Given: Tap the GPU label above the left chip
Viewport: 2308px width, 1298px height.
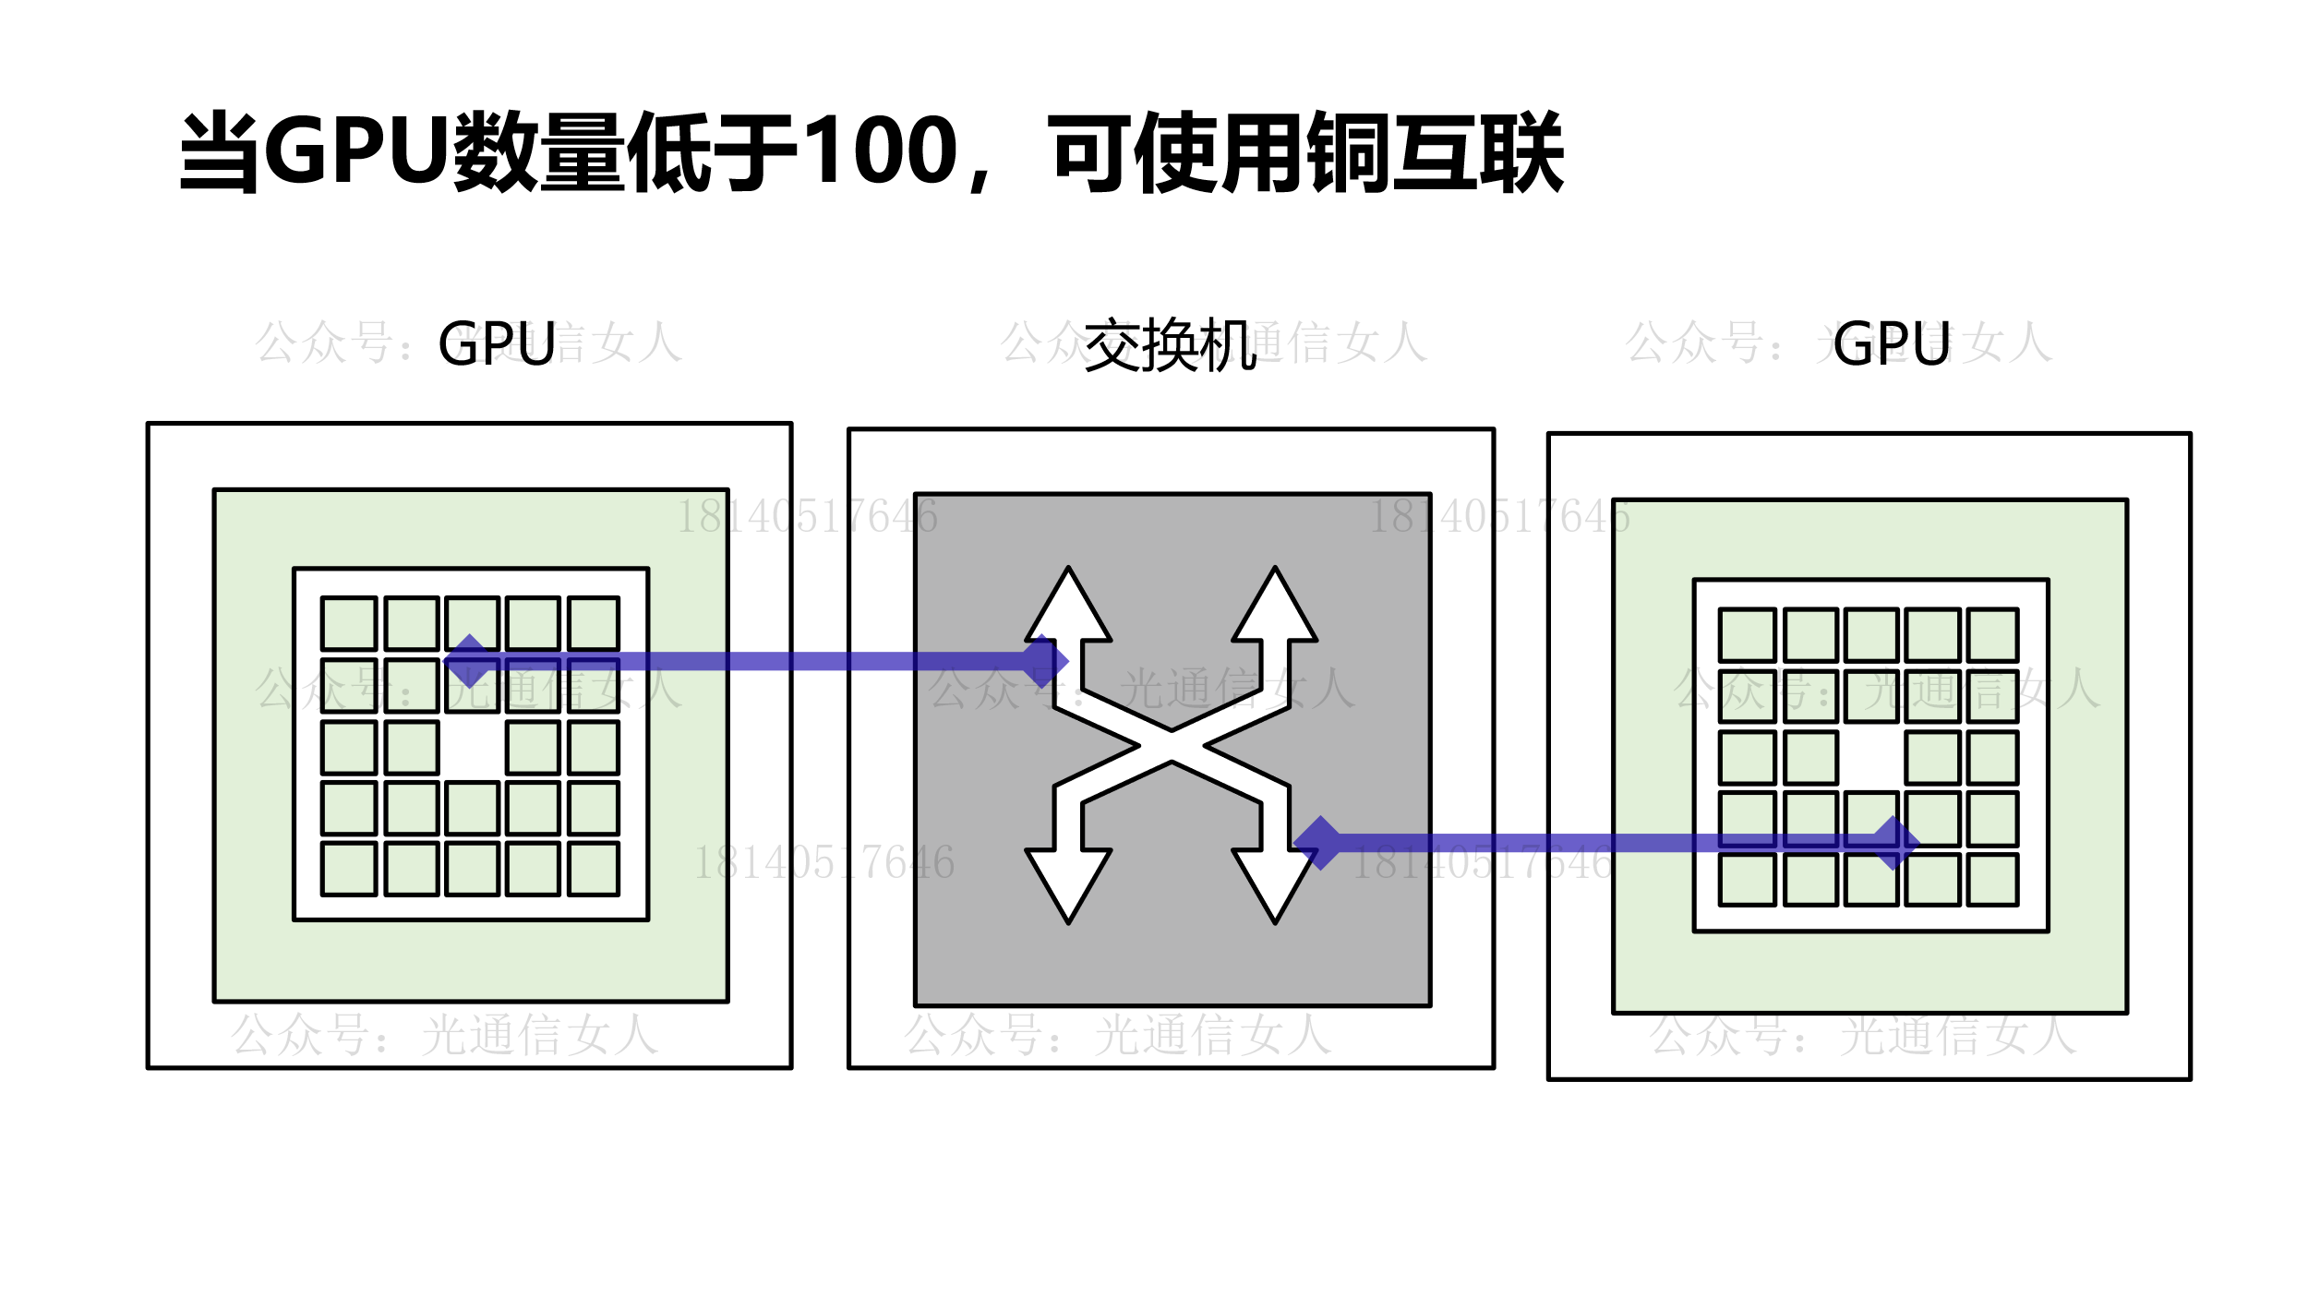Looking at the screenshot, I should pos(497,344).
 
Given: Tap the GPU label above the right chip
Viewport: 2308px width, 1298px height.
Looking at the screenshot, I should pos(1892,344).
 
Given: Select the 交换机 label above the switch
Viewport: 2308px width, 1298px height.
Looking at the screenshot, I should pos(1170,345).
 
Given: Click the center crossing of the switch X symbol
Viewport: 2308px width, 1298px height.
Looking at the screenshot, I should pos(1172,746).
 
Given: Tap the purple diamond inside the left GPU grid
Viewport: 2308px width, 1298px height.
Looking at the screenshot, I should pos(470,661).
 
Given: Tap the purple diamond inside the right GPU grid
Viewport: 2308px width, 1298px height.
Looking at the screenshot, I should pos(1893,843).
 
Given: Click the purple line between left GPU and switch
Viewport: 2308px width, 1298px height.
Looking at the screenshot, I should pos(785,661).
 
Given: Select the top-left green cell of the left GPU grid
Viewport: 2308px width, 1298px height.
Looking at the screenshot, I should pos(349,623).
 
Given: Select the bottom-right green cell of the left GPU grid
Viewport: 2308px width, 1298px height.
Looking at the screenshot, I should pos(593,869).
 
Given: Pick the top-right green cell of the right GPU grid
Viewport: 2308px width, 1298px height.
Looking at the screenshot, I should pos(1992,634).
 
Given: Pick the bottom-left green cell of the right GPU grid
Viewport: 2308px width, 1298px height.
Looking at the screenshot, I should pos(1747,879).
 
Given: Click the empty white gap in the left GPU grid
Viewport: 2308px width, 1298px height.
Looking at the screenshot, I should pos(472,747).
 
